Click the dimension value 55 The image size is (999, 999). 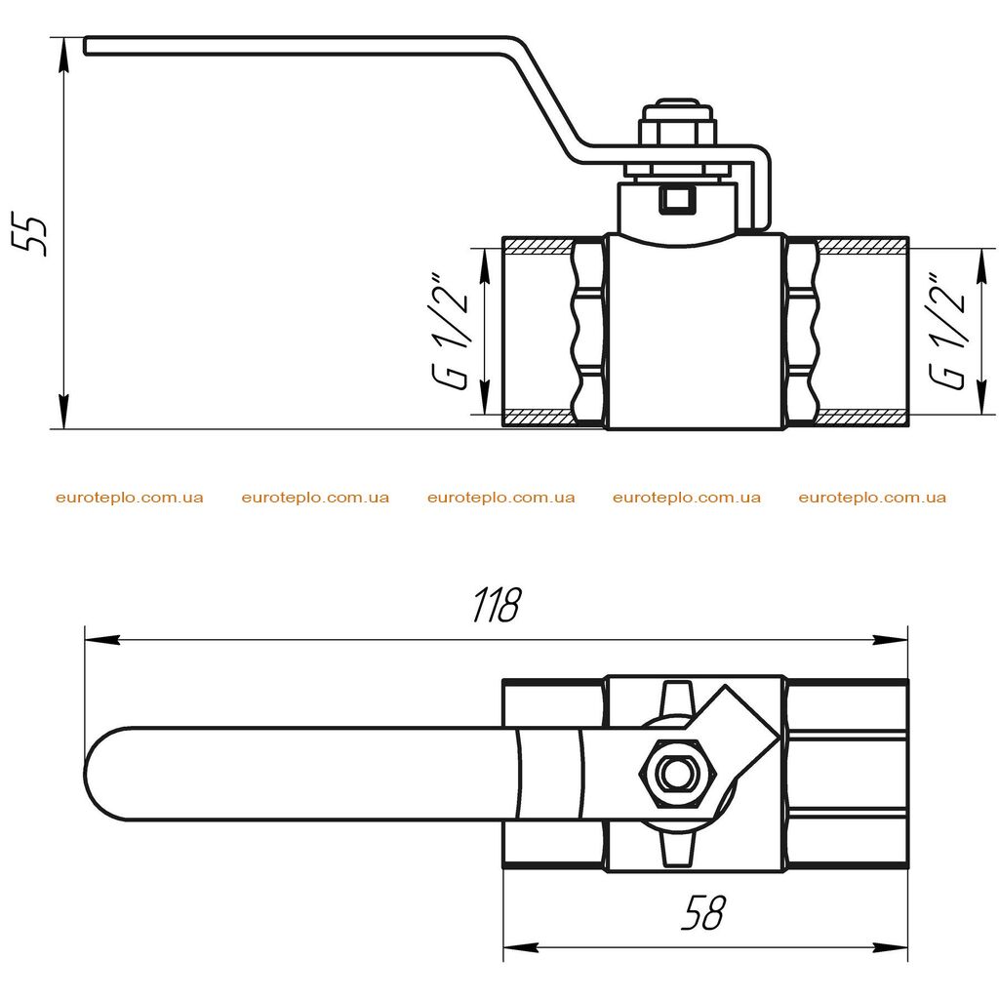(x=29, y=236)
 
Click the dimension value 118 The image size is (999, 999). (x=497, y=604)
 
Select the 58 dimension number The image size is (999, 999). (x=703, y=912)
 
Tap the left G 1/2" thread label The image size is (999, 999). (x=451, y=332)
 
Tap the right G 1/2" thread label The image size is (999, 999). (x=948, y=332)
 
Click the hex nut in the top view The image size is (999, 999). (x=679, y=774)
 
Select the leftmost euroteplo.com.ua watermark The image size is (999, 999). (x=130, y=498)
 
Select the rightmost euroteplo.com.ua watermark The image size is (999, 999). (x=872, y=498)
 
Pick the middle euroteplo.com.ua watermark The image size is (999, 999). (x=501, y=498)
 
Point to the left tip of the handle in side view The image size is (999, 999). (x=85, y=46)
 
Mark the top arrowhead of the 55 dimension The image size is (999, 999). (x=63, y=55)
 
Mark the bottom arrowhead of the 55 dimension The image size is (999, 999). (x=63, y=413)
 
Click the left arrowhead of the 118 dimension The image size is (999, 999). (x=101, y=640)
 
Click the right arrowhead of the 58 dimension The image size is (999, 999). (x=891, y=947)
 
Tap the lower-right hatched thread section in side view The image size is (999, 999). (x=862, y=419)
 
